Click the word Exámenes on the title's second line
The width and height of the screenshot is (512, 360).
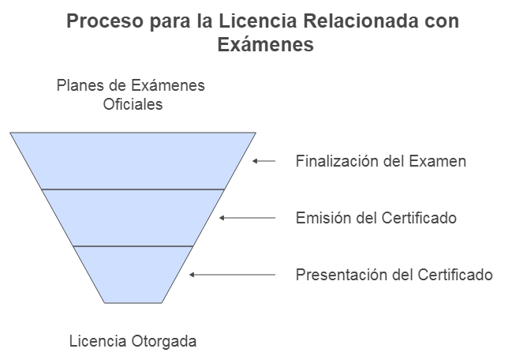265,46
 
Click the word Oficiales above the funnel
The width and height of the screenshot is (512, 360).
133,104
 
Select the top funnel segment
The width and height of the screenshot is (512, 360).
133,160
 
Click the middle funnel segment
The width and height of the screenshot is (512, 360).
133,218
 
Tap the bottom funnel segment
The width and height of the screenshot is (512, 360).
133,274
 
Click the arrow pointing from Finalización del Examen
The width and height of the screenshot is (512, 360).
264,161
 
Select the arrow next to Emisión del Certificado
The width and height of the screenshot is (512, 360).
248,218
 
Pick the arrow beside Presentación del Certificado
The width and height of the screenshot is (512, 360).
233,275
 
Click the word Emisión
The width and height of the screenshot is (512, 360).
322,218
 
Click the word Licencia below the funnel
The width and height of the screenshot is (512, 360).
96,342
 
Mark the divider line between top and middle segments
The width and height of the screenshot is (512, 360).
133,189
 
